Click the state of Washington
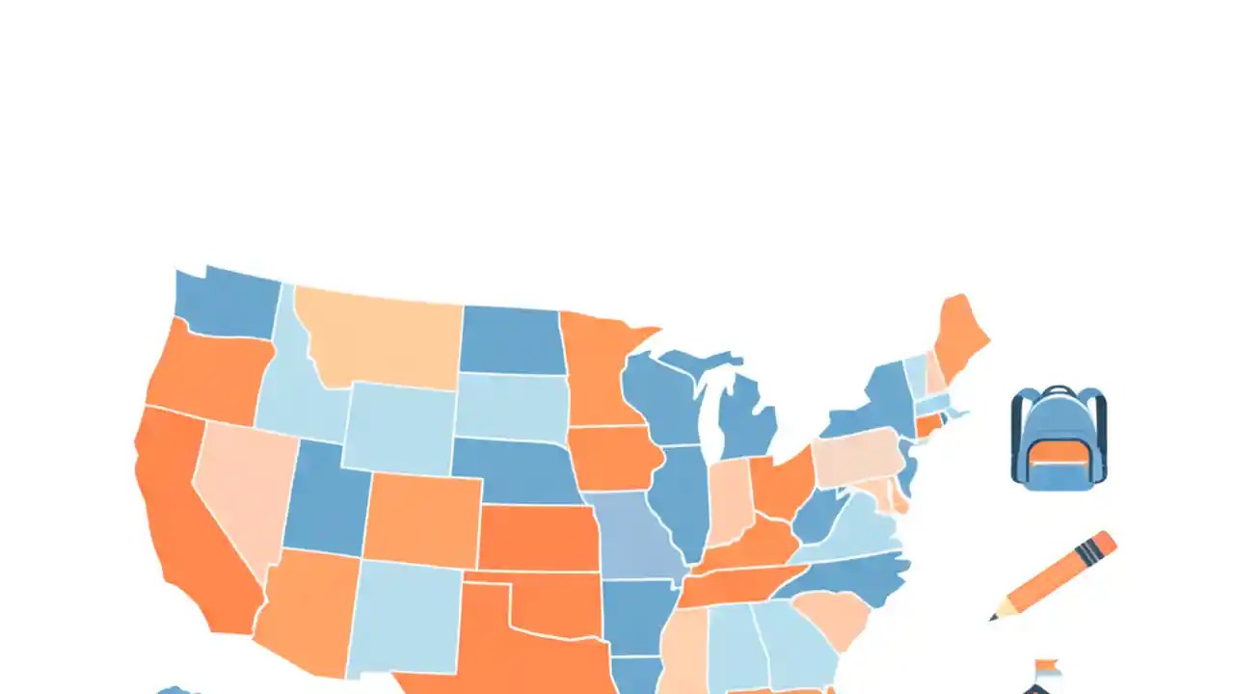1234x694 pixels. pyautogui.click(x=227, y=304)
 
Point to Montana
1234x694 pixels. pyautogui.click(x=381, y=337)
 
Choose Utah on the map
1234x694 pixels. pyautogui.click(x=323, y=501)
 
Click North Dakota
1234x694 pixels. pyautogui.click(x=511, y=340)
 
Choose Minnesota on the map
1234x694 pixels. pyautogui.click(x=598, y=371)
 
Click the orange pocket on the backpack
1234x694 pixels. pyautogui.click(x=1059, y=450)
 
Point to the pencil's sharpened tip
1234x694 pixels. pyautogui.click(x=993, y=616)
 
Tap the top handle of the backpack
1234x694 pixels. pyautogui.click(x=1059, y=389)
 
